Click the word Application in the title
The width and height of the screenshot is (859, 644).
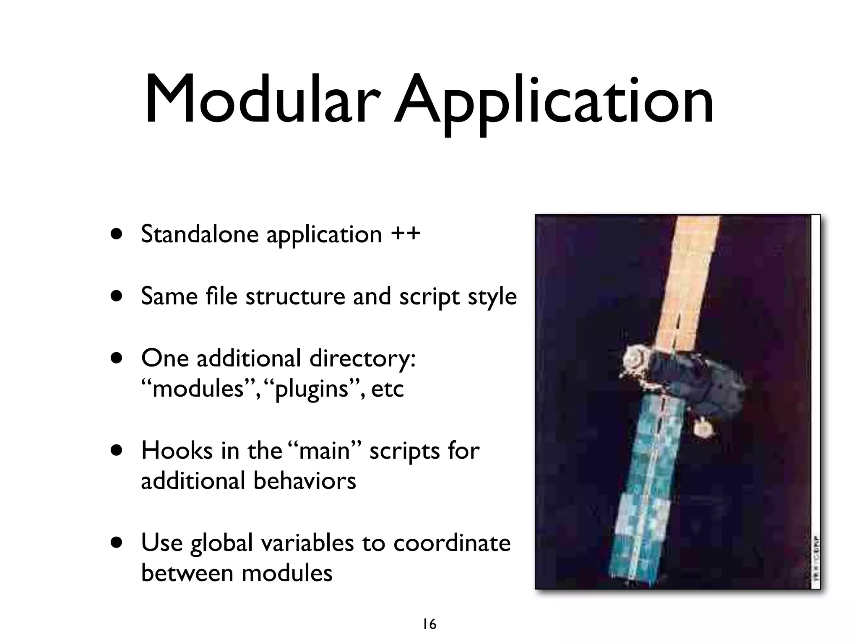click(553, 101)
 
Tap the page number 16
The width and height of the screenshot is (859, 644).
click(429, 624)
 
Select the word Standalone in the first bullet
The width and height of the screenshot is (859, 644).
click(200, 234)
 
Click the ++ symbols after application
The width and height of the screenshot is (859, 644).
click(405, 234)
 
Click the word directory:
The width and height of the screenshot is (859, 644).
click(362, 358)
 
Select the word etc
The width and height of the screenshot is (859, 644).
click(387, 389)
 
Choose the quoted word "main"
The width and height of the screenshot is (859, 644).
click(325, 451)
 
